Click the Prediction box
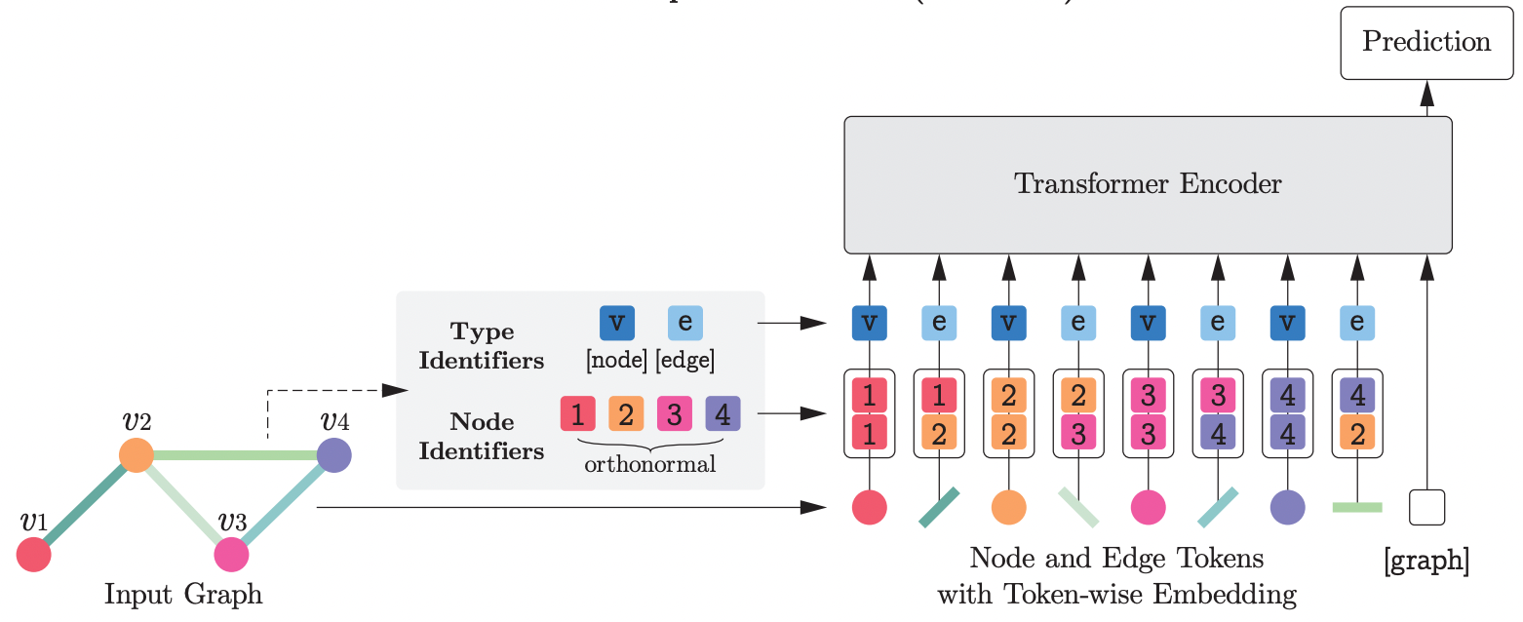click(x=1425, y=42)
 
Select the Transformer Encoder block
click(x=1148, y=184)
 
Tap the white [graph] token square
click(x=1426, y=508)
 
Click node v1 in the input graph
click(x=34, y=555)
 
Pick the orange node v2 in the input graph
click(x=137, y=455)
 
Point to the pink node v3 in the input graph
click(x=232, y=555)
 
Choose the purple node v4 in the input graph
click(x=334, y=455)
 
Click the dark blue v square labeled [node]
click(x=616, y=324)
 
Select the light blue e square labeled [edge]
click(x=684, y=324)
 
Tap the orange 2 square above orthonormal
click(x=626, y=414)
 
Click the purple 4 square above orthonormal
click(x=722, y=414)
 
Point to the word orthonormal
click(x=649, y=464)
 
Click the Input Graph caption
click(x=183, y=593)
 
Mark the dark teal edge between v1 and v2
click(x=86, y=505)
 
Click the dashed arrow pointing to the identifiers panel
click(x=322, y=391)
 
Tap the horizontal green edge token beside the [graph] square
click(x=1356, y=507)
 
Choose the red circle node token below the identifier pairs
click(x=869, y=508)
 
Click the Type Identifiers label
click(x=481, y=346)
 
